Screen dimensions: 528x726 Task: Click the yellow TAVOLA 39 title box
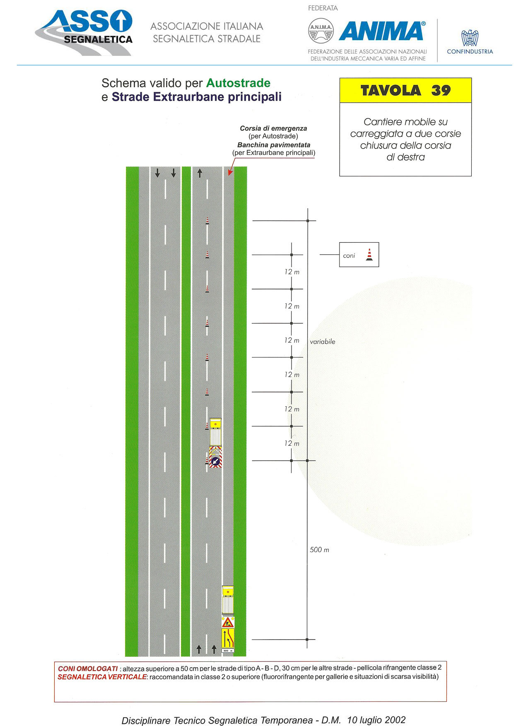click(x=405, y=90)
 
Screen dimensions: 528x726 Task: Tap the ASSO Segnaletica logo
click(x=84, y=33)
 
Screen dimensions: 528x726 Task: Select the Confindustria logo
click(x=470, y=42)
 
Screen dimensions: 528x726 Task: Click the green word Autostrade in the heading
click(x=238, y=83)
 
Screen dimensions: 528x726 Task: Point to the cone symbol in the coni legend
click(x=369, y=255)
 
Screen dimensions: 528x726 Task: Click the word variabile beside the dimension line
click(x=323, y=341)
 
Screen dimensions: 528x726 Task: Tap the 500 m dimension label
click(x=319, y=550)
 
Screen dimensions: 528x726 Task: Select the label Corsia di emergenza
click(x=273, y=128)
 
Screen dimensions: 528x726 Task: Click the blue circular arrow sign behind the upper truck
click(x=215, y=461)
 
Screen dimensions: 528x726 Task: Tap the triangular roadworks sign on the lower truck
click(x=228, y=622)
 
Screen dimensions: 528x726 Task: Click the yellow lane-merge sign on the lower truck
click(x=228, y=638)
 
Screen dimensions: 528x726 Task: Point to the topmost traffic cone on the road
click(x=207, y=221)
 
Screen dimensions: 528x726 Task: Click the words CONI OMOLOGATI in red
click(x=88, y=668)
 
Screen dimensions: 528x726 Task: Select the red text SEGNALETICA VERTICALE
click(x=102, y=677)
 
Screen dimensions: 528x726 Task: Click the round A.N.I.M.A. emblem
click(x=321, y=31)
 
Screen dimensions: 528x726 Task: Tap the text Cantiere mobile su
click(x=405, y=122)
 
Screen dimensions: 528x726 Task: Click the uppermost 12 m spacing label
click(x=292, y=272)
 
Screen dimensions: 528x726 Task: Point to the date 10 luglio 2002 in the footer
click(x=376, y=720)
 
